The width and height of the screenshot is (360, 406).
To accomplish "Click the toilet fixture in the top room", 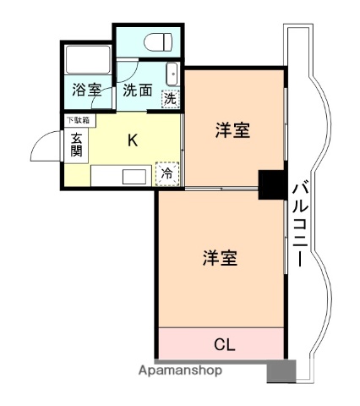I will coord(157,42).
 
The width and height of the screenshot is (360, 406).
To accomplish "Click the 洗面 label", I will coord(138,90).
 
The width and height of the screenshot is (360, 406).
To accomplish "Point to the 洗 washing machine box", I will coord(170,99).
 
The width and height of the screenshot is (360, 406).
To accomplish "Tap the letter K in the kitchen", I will coord(133,140).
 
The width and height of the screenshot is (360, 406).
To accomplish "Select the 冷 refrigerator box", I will coord(167,173).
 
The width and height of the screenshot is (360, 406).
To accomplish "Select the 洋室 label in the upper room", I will coord(231,130).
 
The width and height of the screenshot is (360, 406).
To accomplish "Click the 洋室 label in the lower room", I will coord(219,259).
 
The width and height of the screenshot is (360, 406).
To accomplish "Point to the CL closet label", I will coord(223,344).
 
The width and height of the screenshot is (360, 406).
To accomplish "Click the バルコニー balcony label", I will coord(299,223).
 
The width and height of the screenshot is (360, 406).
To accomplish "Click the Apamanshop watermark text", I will coord(180,370).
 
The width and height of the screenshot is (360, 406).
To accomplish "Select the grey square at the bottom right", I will coord(281,370).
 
